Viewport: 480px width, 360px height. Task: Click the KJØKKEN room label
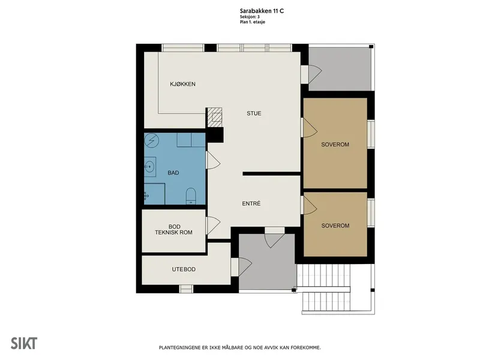point(182,84)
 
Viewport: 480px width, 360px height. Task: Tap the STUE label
point(254,113)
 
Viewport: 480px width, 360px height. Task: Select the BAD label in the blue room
point(173,173)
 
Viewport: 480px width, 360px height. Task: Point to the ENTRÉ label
point(251,203)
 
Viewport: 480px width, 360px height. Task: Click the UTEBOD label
point(184,269)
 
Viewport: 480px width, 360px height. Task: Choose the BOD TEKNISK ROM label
point(173,230)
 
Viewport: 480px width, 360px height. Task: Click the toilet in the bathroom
point(191,196)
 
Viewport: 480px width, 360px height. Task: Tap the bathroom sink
point(149,167)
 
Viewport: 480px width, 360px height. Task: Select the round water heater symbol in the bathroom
point(152,140)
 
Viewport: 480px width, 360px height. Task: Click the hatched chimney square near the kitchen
point(215,117)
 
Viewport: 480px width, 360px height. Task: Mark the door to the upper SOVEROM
point(309,127)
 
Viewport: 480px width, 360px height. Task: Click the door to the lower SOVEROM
point(309,205)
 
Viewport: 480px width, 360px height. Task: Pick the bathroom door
point(213,160)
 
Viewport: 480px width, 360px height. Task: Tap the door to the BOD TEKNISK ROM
point(213,226)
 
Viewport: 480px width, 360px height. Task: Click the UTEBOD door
point(242,266)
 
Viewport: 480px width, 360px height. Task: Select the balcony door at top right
point(312,74)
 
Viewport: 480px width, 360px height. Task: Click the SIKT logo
point(24,343)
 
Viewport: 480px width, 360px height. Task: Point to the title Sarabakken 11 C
point(262,11)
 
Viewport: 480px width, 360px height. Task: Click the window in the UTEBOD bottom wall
point(186,289)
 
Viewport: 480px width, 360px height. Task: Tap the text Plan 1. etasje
point(253,22)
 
